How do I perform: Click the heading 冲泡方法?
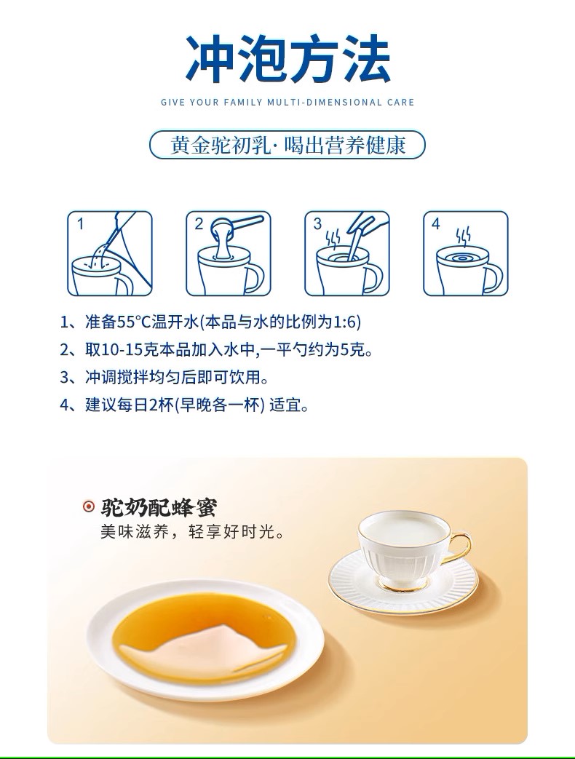click(x=287, y=59)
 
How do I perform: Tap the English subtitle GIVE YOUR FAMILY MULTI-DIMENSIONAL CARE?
click(x=287, y=102)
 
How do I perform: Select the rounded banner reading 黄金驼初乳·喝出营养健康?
click(x=287, y=145)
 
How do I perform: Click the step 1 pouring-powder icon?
click(x=109, y=253)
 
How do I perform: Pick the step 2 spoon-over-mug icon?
click(x=229, y=253)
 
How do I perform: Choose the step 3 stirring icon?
click(x=347, y=253)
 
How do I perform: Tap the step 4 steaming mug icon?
click(x=466, y=253)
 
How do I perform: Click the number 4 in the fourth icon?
click(x=435, y=223)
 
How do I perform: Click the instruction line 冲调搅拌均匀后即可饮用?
click(x=177, y=377)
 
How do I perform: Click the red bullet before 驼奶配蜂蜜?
click(x=89, y=506)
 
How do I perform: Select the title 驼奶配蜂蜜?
click(x=159, y=507)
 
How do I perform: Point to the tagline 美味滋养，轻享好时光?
click(x=193, y=532)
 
